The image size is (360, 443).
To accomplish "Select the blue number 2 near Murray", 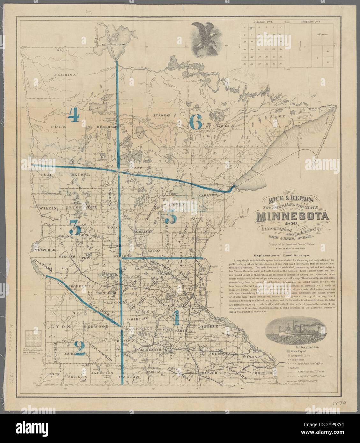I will coord(79,347).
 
